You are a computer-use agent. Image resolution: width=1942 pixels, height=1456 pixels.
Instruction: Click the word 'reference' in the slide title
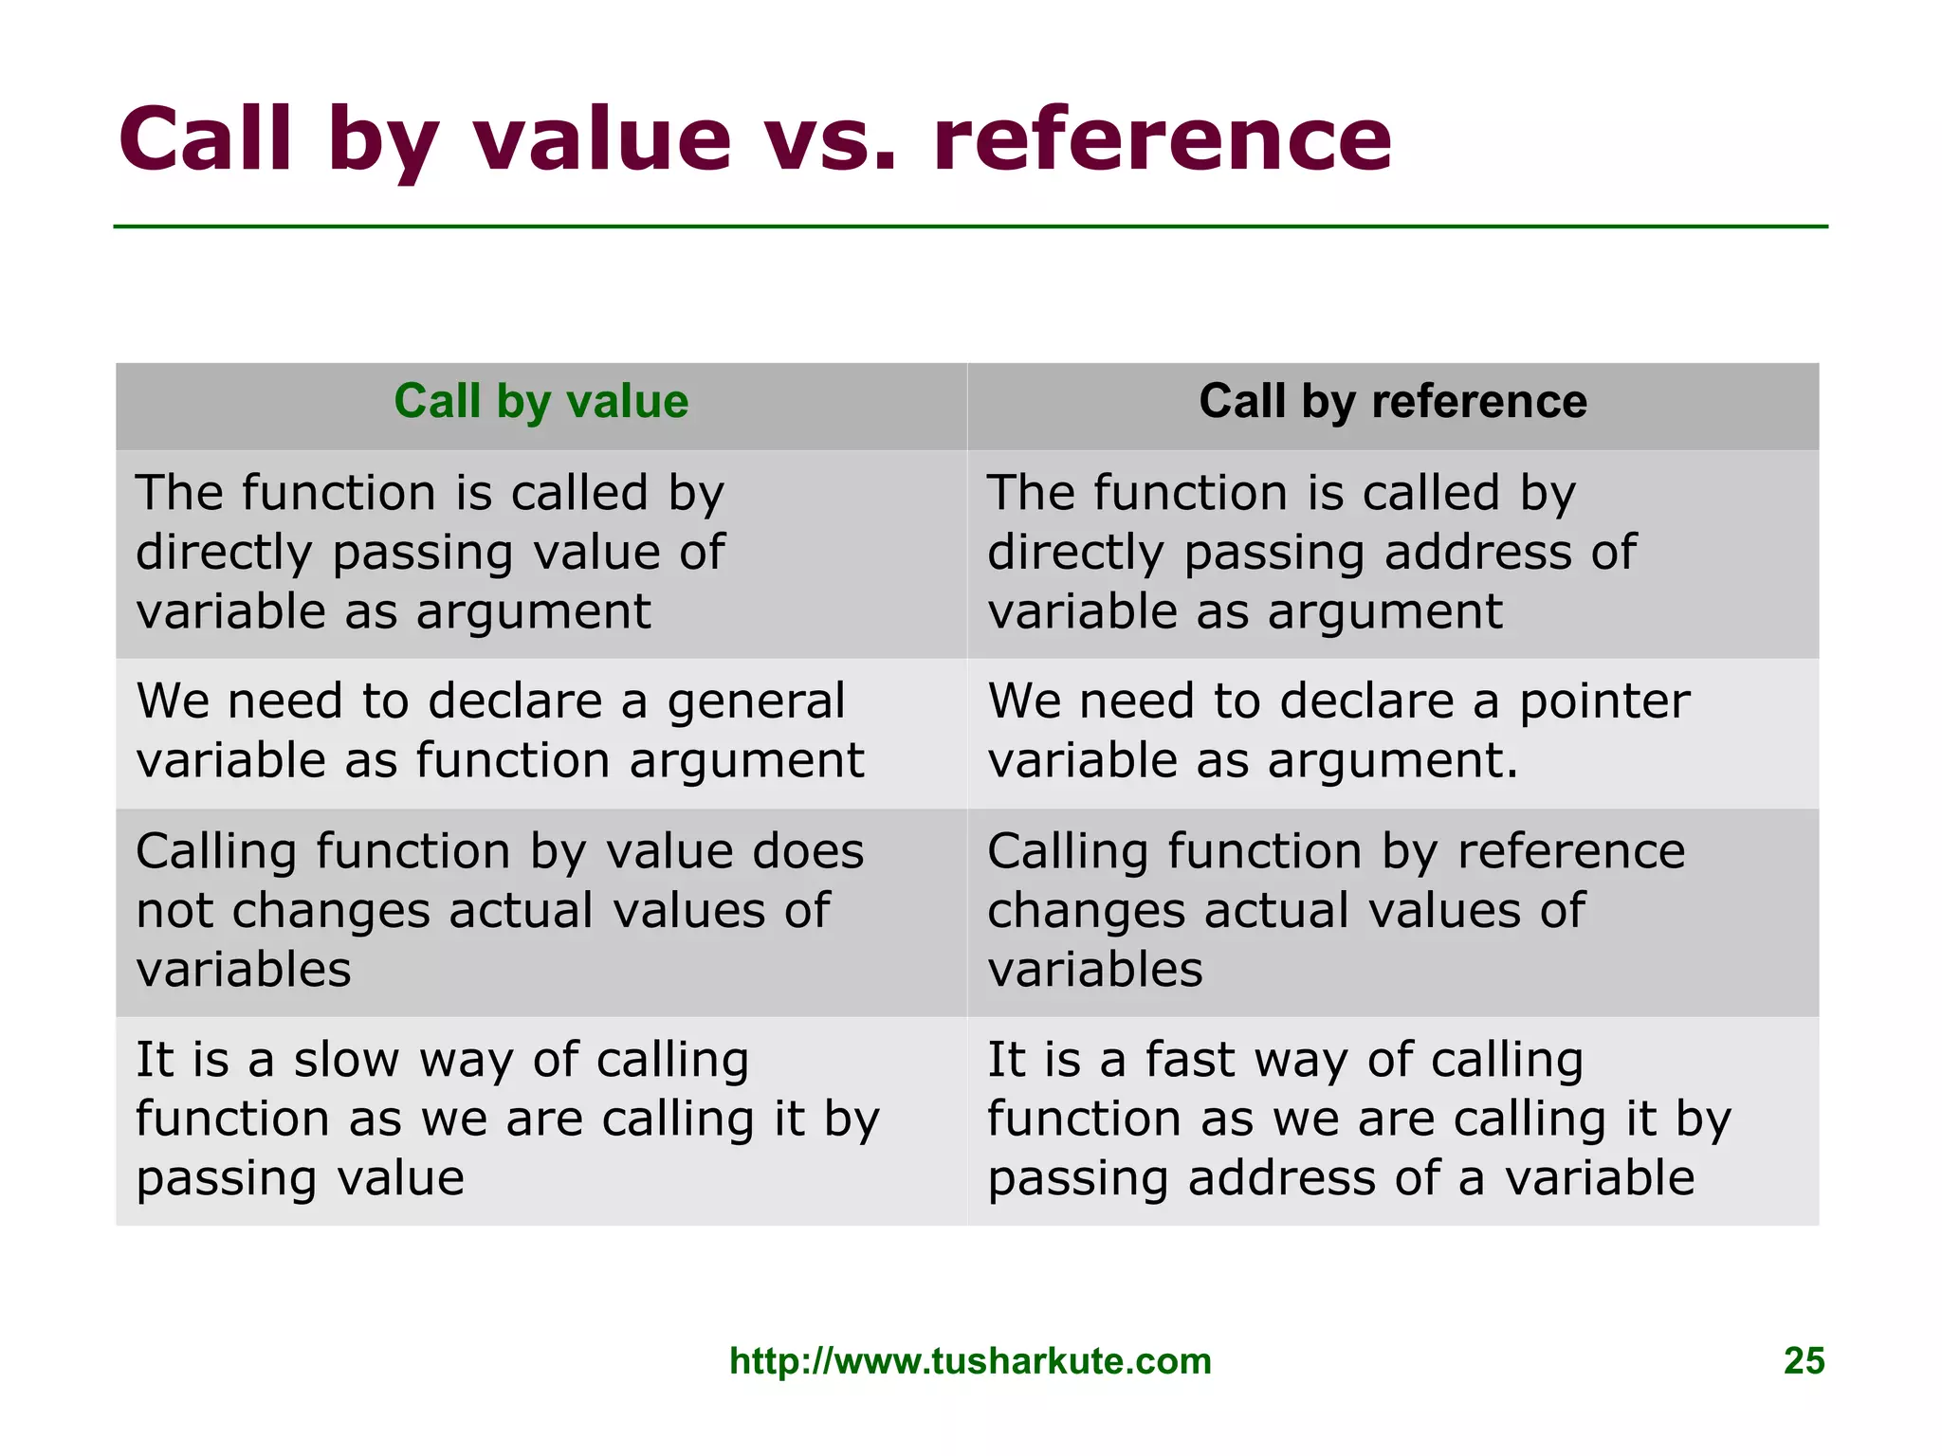point(1162,140)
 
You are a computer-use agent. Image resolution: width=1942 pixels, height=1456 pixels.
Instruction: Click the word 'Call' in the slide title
point(206,140)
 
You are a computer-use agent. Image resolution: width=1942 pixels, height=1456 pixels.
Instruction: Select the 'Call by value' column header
point(540,402)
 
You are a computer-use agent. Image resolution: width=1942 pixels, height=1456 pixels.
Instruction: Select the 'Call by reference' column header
point(1392,402)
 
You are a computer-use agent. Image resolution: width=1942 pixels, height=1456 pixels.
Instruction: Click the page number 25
point(1804,1361)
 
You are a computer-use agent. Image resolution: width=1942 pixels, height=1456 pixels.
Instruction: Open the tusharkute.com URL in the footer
point(970,1361)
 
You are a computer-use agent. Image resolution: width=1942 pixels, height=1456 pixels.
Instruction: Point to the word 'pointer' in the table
point(1604,702)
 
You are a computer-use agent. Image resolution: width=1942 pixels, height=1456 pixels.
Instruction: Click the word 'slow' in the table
point(346,1060)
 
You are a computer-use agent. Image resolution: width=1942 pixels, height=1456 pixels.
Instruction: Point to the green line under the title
point(970,227)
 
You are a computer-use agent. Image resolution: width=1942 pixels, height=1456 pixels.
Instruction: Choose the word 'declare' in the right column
point(1366,702)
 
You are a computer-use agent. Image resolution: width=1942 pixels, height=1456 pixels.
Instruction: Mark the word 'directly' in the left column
point(224,554)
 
